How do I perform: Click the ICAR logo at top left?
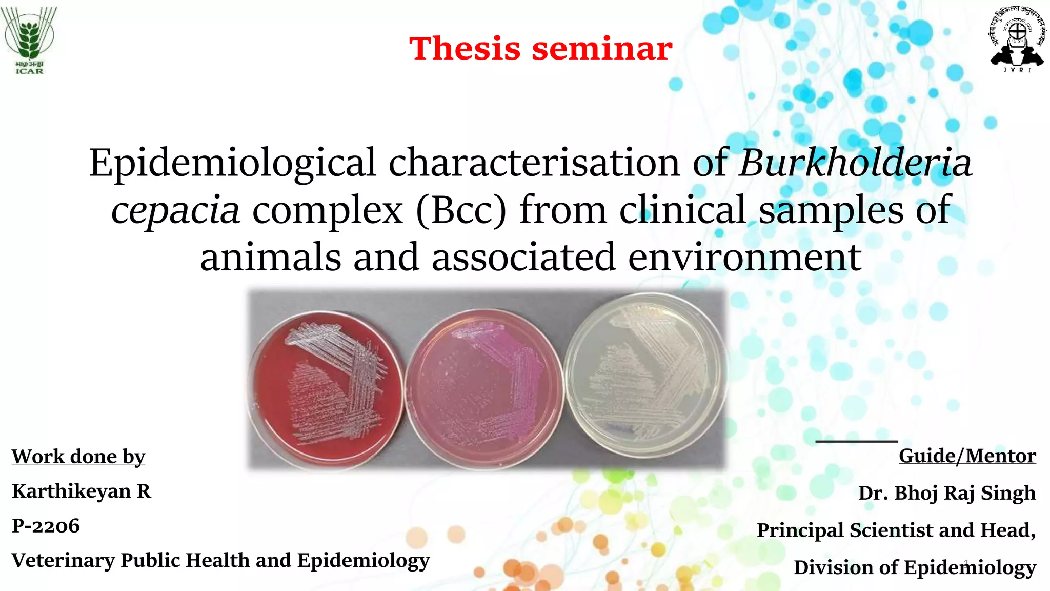tap(29, 40)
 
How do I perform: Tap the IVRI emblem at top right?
tap(1017, 40)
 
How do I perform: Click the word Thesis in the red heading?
tap(465, 49)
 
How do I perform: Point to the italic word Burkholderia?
tap(855, 163)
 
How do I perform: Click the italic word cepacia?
tap(175, 210)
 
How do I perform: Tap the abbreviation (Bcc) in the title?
tap(461, 210)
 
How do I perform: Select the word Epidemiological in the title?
tap(233, 163)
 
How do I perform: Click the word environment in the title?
tap(744, 258)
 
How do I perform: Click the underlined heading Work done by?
tap(78, 457)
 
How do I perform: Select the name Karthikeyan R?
tap(82, 491)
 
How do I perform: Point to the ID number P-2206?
tap(46, 526)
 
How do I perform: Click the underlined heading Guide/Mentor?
tap(967, 456)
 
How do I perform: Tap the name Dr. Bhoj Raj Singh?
tap(947, 493)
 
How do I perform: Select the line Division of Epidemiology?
tap(915, 568)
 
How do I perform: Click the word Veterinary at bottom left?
tap(63, 561)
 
